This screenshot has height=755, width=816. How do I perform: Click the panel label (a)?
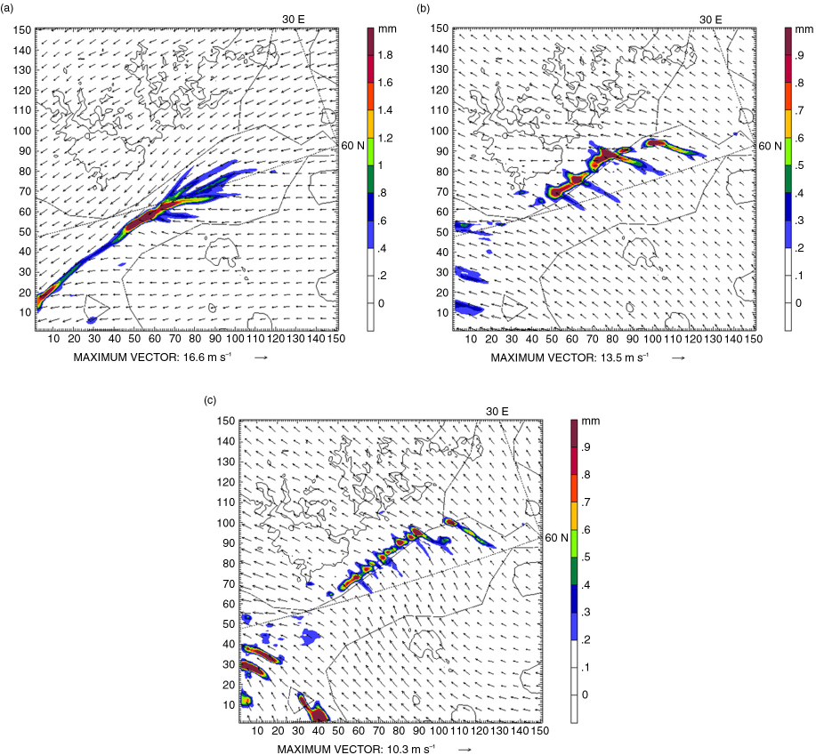click(7, 9)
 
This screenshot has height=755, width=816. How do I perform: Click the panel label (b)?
click(424, 9)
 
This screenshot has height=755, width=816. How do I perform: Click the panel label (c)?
click(210, 400)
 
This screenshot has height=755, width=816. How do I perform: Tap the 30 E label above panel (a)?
click(294, 20)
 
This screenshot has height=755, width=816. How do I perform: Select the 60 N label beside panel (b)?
click(770, 146)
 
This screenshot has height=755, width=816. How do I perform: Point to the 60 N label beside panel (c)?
click(556, 538)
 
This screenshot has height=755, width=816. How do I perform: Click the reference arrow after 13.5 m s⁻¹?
click(678, 357)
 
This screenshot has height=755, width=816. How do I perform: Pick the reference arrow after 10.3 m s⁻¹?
click(465, 750)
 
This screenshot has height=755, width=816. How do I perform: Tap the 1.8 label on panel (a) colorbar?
click(385, 55)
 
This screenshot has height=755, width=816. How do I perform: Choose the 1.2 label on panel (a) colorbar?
click(385, 138)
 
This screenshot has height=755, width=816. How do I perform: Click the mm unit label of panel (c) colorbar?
click(591, 421)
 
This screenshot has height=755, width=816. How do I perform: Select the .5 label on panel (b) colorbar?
click(799, 165)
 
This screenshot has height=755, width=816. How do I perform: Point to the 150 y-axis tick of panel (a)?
click(22, 29)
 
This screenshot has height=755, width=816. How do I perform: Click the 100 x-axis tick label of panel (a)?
click(235, 339)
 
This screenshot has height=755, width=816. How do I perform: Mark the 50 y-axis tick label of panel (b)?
click(442, 232)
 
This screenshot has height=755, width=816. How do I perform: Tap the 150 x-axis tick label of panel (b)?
click(753, 339)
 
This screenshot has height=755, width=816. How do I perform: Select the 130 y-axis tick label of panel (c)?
click(226, 462)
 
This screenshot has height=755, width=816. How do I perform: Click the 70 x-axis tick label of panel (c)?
click(378, 731)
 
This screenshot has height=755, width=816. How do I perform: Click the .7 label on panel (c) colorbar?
click(586, 502)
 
